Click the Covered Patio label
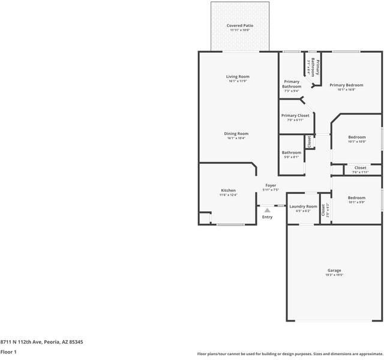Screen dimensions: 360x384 pos(239,26)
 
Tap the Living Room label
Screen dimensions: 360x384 pos(238,77)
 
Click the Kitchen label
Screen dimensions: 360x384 pos(228,190)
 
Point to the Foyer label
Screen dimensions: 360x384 pos(271,185)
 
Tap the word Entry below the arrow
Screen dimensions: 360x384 pos(268,217)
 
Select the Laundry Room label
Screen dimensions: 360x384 pos(303,206)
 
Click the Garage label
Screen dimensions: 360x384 pos(334,270)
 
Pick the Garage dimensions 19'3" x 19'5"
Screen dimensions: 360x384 pos(334,275)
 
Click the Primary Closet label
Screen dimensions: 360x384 pos(295,115)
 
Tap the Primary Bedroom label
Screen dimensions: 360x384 pos(346,85)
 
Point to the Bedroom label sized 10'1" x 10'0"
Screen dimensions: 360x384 pos(357,137)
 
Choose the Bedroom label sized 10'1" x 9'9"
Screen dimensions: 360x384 pos(356,197)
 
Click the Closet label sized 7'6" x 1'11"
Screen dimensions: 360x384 pos(360,168)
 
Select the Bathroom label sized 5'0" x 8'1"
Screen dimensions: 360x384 pos(292,152)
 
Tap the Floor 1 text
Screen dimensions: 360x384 pos(8,352)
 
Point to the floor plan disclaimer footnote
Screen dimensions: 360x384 pos(290,354)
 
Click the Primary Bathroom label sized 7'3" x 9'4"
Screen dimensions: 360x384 pos(292,84)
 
